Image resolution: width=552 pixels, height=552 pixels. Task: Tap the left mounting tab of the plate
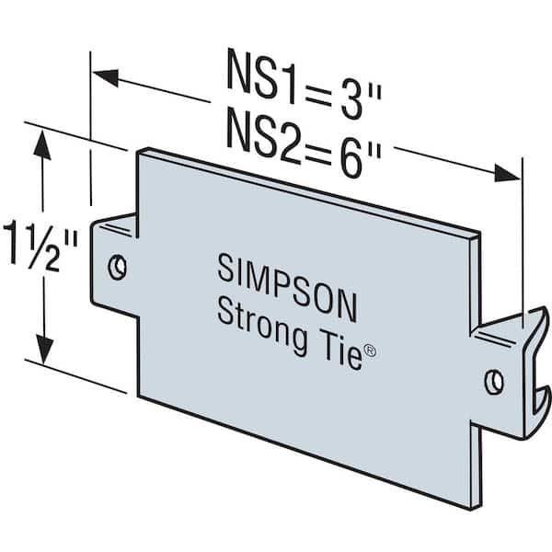pyautogui.click(x=114, y=267)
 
